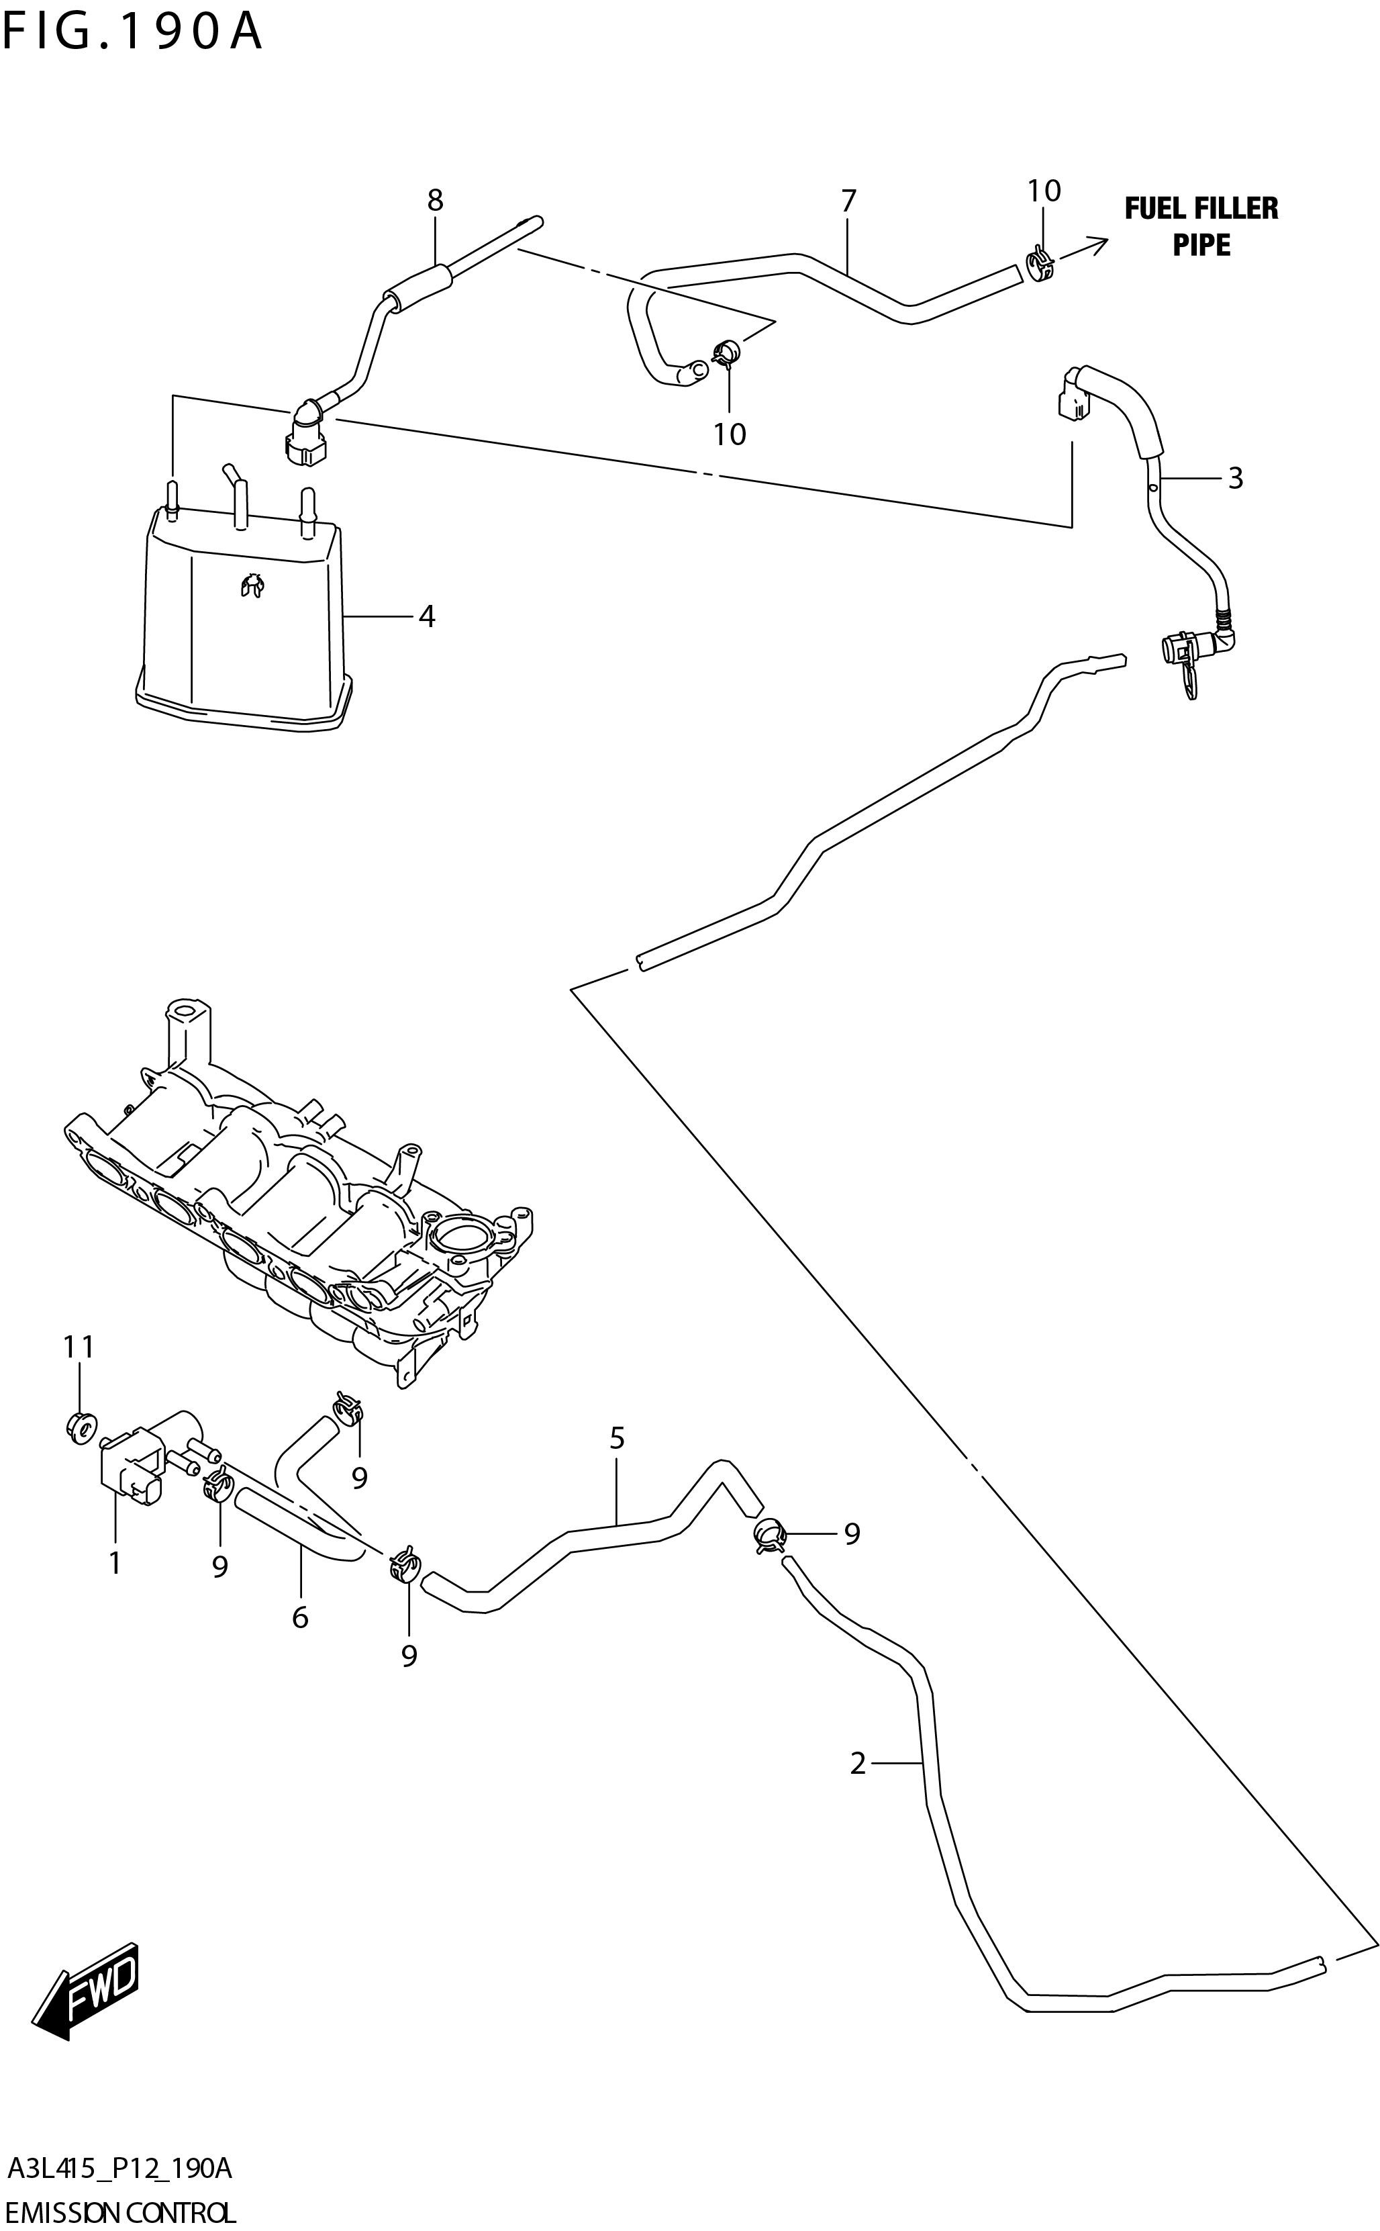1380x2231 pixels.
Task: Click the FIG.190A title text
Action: click(132, 32)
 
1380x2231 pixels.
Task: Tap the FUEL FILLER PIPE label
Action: click(1200, 226)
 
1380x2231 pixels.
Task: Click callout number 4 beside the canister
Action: click(426, 617)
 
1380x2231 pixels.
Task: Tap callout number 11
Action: click(79, 1346)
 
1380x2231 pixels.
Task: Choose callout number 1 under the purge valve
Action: click(115, 1563)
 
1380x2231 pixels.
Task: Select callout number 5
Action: click(617, 1439)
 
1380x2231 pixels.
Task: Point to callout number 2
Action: click(857, 1764)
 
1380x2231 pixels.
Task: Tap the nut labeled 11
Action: click(81, 1425)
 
